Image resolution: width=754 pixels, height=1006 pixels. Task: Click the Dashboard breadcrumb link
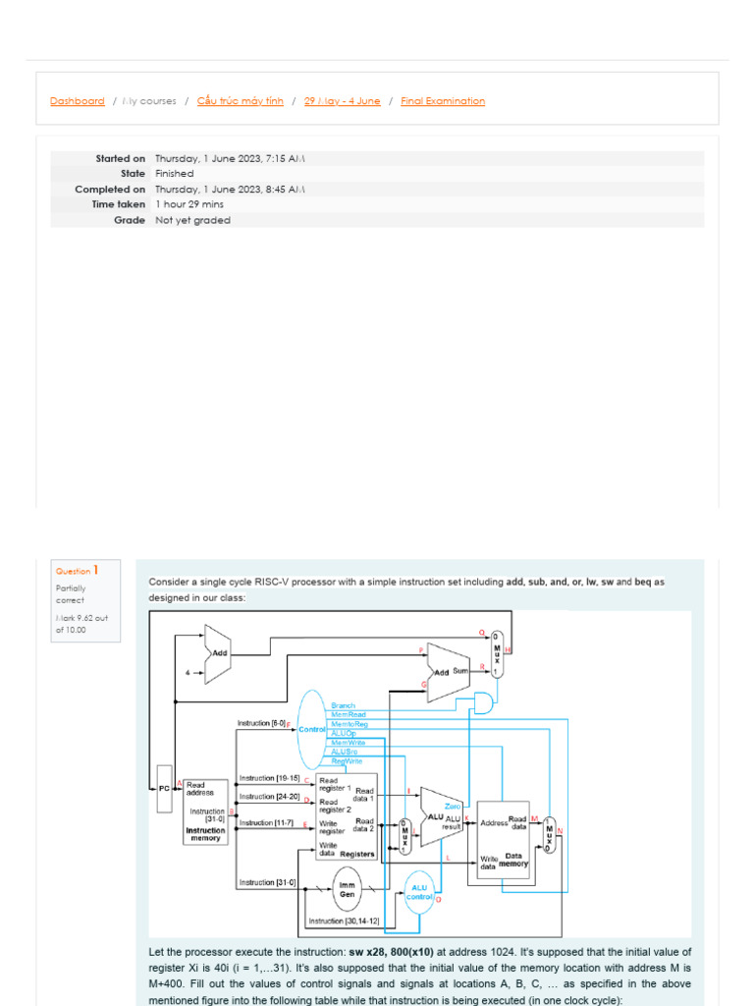tap(77, 101)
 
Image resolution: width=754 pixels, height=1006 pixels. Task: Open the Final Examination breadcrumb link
tap(443, 101)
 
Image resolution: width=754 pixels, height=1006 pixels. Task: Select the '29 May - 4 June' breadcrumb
tap(342, 101)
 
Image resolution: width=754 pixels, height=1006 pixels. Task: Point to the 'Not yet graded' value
tap(192, 221)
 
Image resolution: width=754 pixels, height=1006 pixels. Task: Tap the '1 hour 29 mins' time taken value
tap(188, 205)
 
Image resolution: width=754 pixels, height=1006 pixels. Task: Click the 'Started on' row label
tap(120, 158)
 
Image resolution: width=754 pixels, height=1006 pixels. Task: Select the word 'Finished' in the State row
tap(174, 174)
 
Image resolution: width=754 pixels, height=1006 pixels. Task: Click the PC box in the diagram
tap(164, 788)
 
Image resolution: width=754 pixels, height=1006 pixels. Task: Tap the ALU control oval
tap(419, 893)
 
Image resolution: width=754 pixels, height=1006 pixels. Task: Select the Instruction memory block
tap(206, 811)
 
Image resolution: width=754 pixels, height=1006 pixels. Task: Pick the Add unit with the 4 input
tap(217, 652)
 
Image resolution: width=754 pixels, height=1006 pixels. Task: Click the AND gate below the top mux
tap(483, 700)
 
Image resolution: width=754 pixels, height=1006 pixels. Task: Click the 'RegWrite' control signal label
tap(346, 761)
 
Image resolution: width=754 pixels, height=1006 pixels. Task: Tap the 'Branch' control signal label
tap(343, 705)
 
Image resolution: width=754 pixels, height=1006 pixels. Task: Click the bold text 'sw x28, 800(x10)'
tap(391, 952)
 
